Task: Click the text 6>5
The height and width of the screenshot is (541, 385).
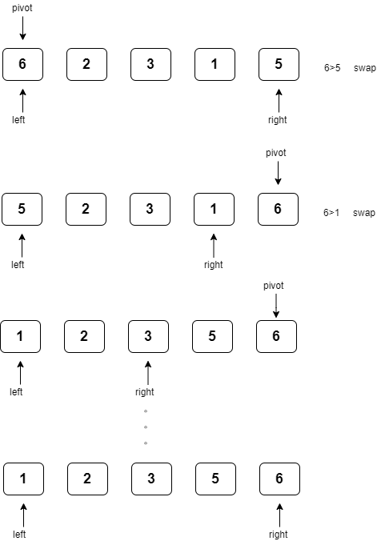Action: point(332,68)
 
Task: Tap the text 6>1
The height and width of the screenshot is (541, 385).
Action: point(332,213)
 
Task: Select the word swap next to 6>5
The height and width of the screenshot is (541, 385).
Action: point(364,68)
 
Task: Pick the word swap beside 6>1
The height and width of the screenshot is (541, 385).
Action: point(364,213)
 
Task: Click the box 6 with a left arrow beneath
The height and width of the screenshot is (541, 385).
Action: point(22,65)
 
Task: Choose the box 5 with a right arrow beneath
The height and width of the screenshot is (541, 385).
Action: point(279,65)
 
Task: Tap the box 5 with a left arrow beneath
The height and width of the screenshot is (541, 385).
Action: point(22,210)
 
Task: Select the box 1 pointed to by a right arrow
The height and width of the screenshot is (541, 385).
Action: point(214,210)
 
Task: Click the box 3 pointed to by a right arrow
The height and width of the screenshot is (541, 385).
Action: point(148,337)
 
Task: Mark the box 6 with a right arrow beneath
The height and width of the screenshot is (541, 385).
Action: point(279,479)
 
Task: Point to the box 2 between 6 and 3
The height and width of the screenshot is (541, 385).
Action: point(86,65)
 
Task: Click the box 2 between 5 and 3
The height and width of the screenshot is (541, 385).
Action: point(86,210)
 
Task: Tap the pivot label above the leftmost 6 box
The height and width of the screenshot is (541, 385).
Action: point(22,9)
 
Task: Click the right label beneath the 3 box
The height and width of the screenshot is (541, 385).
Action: point(145,392)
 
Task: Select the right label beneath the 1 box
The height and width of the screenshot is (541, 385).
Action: point(214,265)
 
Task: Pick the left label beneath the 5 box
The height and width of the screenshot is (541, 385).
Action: point(18,265)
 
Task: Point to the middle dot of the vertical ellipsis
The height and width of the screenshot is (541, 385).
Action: point(146,427)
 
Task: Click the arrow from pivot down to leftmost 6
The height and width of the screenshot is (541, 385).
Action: point(22,30)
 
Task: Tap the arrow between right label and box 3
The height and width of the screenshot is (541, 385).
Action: point(148,372)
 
